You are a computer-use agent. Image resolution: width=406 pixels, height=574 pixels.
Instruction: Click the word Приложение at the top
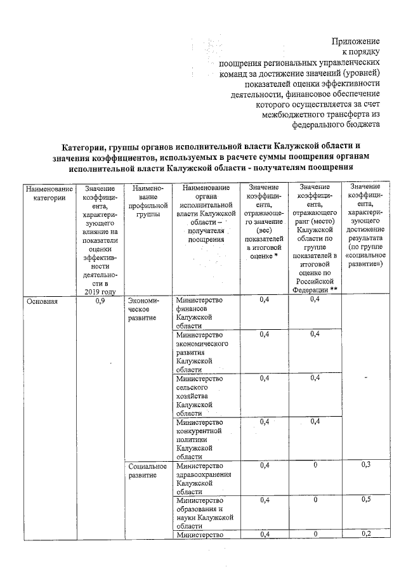click(356, 41)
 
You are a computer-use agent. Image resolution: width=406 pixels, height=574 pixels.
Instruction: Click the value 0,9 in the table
click(100, 301)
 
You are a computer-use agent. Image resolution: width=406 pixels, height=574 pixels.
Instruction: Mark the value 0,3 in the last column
click(365, 466)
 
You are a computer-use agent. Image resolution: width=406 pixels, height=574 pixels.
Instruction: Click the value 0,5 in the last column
click(365, 500)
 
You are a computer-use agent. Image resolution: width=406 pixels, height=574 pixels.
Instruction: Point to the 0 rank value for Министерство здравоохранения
click(315, 466)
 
